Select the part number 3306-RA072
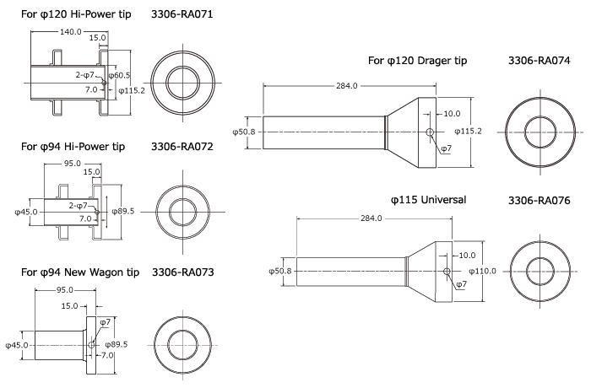183,146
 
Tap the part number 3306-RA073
183,272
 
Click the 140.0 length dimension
70,31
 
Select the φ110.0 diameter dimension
484,271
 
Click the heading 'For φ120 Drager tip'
417,61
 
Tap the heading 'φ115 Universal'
428,201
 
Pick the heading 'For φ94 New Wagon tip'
80,272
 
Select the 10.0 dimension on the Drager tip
452,114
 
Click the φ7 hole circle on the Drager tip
431,132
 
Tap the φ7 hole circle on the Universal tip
447,271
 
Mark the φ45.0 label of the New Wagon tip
17,345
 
